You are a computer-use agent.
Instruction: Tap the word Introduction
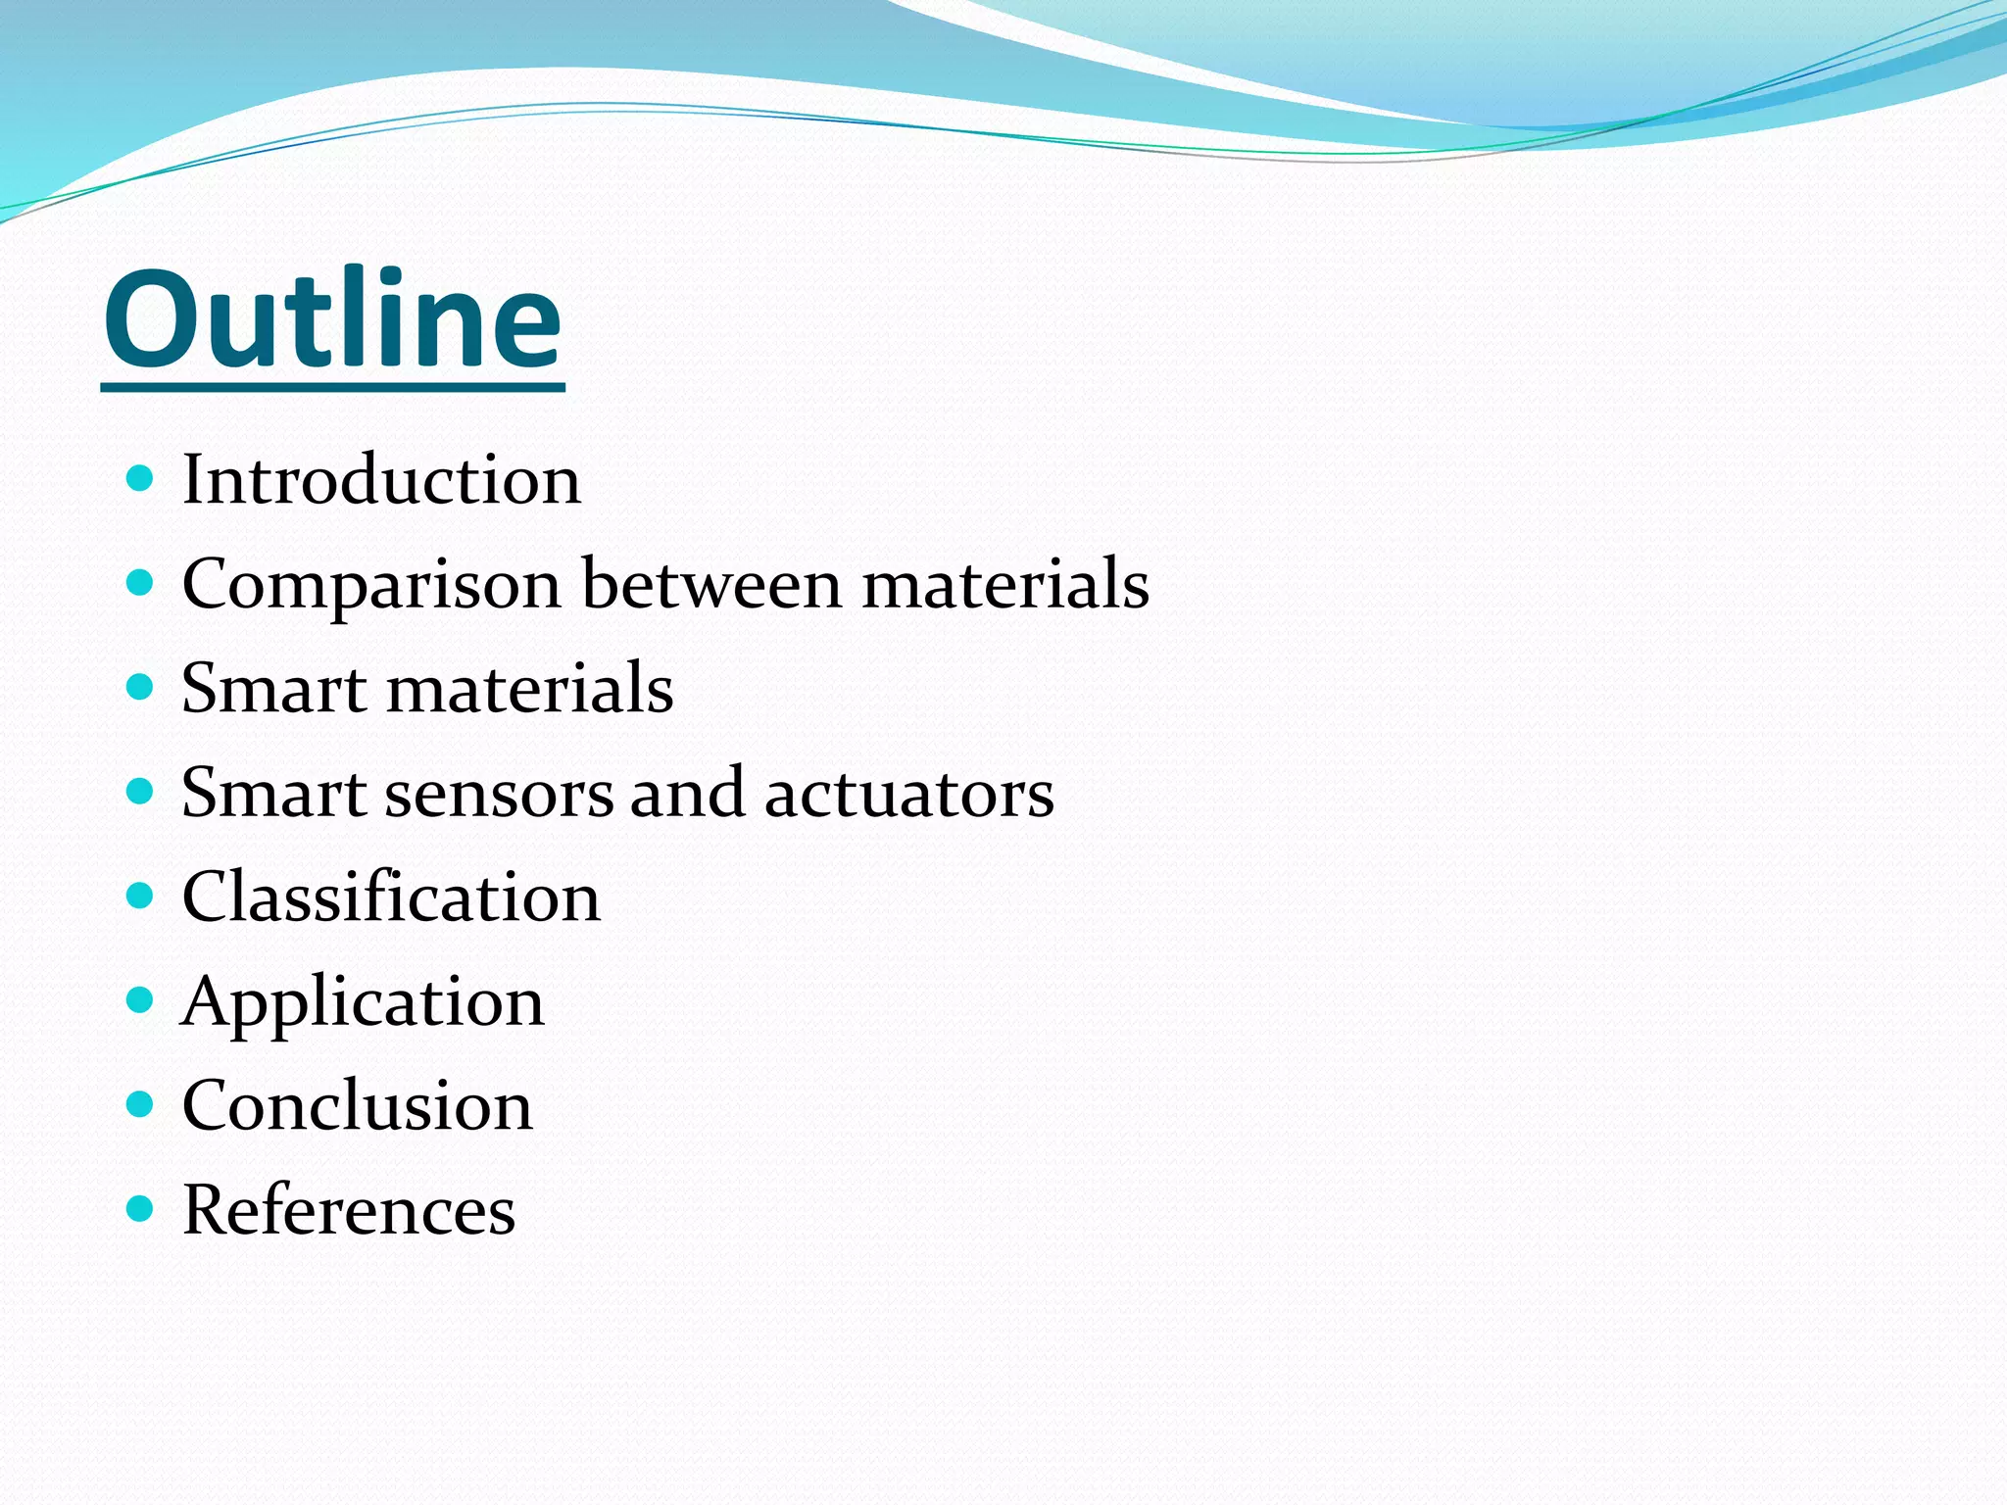tap(381, 480)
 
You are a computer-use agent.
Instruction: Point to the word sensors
tap(499, 793)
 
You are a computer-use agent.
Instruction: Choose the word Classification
tap(391, 897)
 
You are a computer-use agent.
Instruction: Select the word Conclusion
tap(358, 1105)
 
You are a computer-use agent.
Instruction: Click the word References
tap(349, 1210)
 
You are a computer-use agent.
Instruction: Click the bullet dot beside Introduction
tap(141, 478)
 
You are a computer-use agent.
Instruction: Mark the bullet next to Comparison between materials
tap(141, 583)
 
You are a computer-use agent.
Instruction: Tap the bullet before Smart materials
tap(141, 687)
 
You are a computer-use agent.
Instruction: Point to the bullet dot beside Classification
tap(141, 896)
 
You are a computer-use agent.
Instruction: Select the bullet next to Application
tap(141, 1000)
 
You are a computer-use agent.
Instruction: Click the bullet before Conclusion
tap(141, 1104)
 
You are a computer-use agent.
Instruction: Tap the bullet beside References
tap(141, 1209)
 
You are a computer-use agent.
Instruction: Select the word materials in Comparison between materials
tap(1005, 584)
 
